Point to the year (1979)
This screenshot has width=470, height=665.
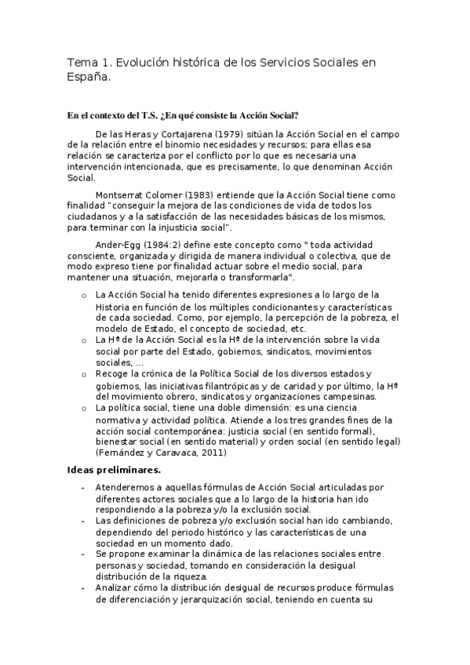(x=201, y=134)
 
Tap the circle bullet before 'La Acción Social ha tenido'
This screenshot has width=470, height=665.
(x=85, y=294)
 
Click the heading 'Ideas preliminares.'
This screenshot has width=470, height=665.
(x=115, y=470)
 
